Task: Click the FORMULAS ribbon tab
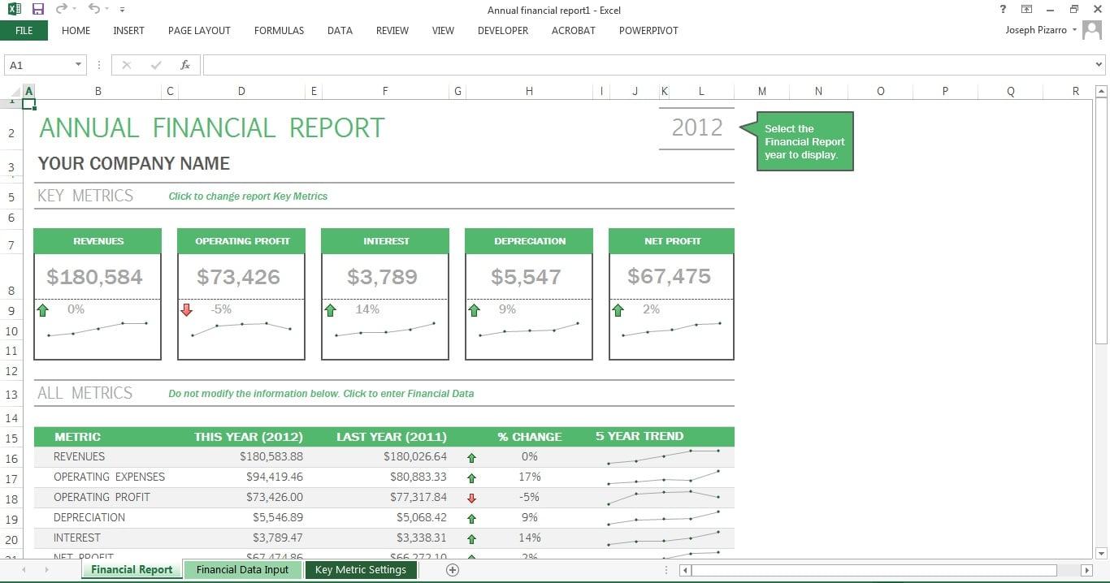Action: pyautogui.click(x=279, y=31)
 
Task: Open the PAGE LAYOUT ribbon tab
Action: pyautogui.click(x=199, y=31)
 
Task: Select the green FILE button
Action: pyautogui.click(x=24, y=31)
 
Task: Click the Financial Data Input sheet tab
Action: pyautogui.click(x=242, y=570)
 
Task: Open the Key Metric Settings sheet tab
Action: pyautogui.click(x=360, y=570)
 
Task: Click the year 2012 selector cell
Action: pyautogui.click(x=696, y=127)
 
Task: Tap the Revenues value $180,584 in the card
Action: pyautogui.click(x=94, y=277)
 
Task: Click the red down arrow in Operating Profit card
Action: pyautogui.click(x=187, y=309)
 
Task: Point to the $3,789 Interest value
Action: pyautogui.click(x=382, y=277)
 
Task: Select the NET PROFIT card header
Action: pyautogui.click(x=671, y=241)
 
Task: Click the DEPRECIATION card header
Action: pyautogui.click(x=529, y=241)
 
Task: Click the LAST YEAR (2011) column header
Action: pyautogui.click(x=391, y=437)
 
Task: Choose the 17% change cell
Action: pyautogui.click(x=529, y=477)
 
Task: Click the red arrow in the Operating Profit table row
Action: pyautogui.click(x=471, y=498)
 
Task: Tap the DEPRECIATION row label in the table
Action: pyautogui.click(x=89, y=517)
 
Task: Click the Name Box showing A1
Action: pyautogui.click(x=41, y=65)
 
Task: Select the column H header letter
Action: pyautogui.click(x=529, y=92)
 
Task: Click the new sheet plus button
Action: pyautogui.click(x=453, y=570)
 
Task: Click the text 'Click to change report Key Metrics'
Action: pyautogui.click(x=248, y=196)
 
